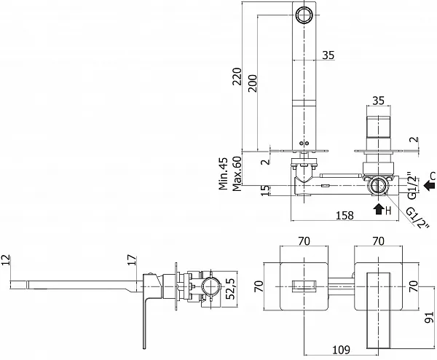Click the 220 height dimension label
pos(237,76)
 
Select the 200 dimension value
pos(253,83)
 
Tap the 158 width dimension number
pos(345,215)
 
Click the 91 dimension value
pos(429,317)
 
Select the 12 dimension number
pos(5,260)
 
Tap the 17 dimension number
pos(133,260)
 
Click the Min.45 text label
pos(224,173)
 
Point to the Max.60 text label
pos(237,173)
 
